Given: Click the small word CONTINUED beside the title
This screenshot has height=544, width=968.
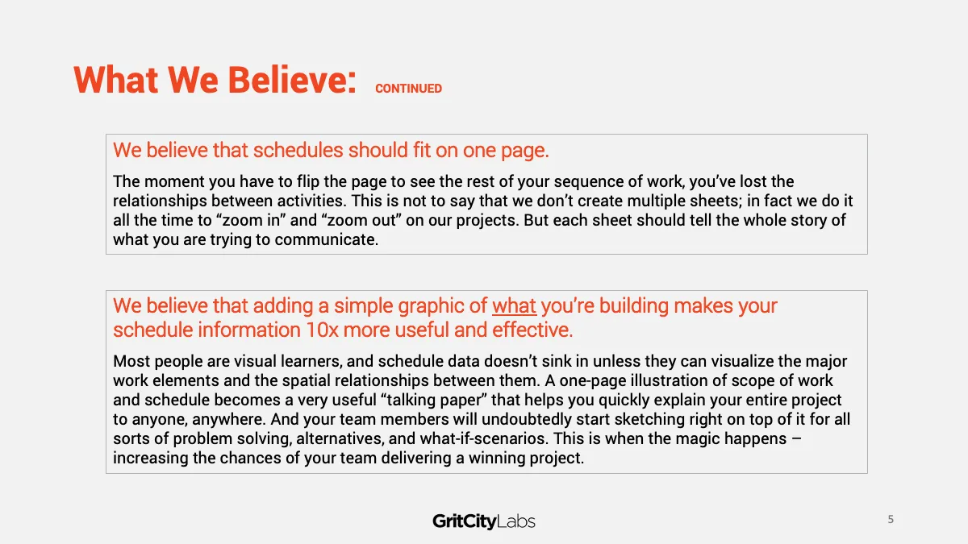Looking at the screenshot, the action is coord(408,89).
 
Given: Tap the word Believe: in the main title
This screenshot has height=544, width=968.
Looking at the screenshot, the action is coord(292,80).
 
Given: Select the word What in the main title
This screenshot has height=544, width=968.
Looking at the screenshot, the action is coord(116,80).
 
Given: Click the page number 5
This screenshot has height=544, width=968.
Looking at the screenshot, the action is coord(891,519).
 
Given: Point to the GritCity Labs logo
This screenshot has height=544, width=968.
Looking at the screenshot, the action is coord(483,521).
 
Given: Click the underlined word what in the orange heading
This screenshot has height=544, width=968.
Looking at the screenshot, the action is coord(515,305).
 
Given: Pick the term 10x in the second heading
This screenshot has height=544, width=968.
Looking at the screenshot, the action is coord(322,330).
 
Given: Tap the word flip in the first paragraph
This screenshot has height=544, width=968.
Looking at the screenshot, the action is coord(307,182).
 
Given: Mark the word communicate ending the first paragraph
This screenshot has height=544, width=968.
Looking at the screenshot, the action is coord(326,239).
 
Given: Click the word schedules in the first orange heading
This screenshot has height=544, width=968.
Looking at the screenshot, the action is coord(298,150).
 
